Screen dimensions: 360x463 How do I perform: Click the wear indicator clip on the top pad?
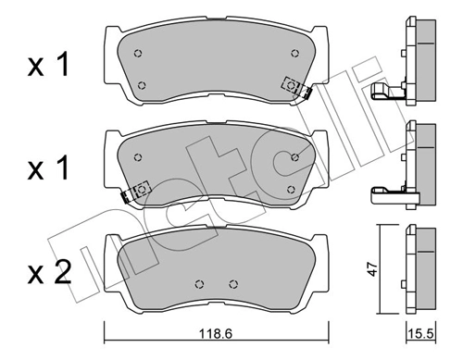294,85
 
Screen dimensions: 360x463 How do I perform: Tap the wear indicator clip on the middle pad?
138,190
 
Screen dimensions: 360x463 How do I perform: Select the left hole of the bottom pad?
200,284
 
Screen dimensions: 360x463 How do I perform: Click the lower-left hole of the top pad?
142,86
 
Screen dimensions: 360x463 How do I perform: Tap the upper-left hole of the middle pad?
137,155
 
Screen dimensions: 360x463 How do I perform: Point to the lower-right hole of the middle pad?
292,190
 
